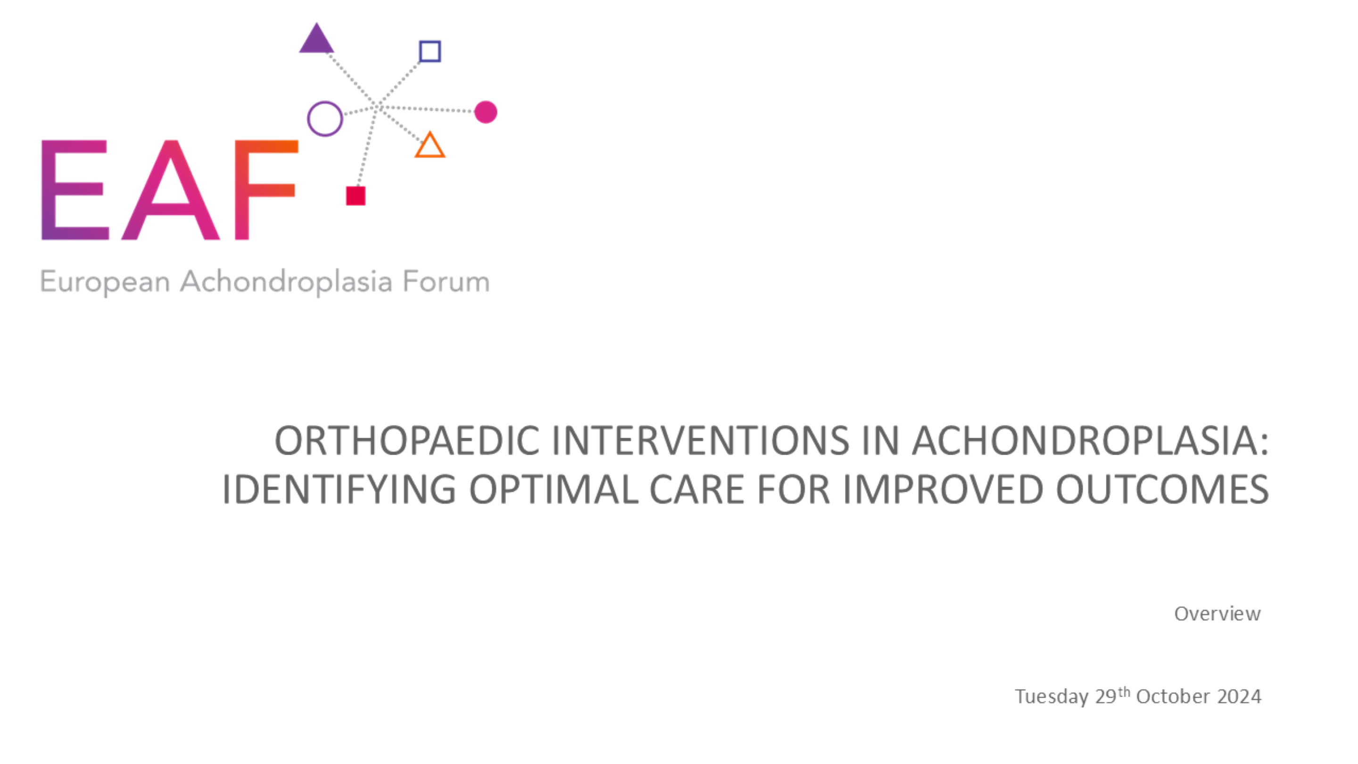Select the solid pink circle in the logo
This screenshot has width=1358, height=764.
486,112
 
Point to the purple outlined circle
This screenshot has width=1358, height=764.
308,119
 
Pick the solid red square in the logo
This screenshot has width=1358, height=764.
356,196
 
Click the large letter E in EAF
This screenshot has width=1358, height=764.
75,190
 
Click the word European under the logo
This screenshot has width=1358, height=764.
105,282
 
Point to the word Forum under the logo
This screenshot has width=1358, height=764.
446,282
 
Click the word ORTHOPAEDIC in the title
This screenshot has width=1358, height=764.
407,441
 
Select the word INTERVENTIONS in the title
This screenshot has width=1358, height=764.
701,441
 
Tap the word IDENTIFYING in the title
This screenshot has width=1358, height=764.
339,490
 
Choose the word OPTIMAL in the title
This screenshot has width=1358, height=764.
554,490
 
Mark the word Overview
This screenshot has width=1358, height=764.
1217,614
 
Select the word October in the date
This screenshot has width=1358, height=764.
1173,697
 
